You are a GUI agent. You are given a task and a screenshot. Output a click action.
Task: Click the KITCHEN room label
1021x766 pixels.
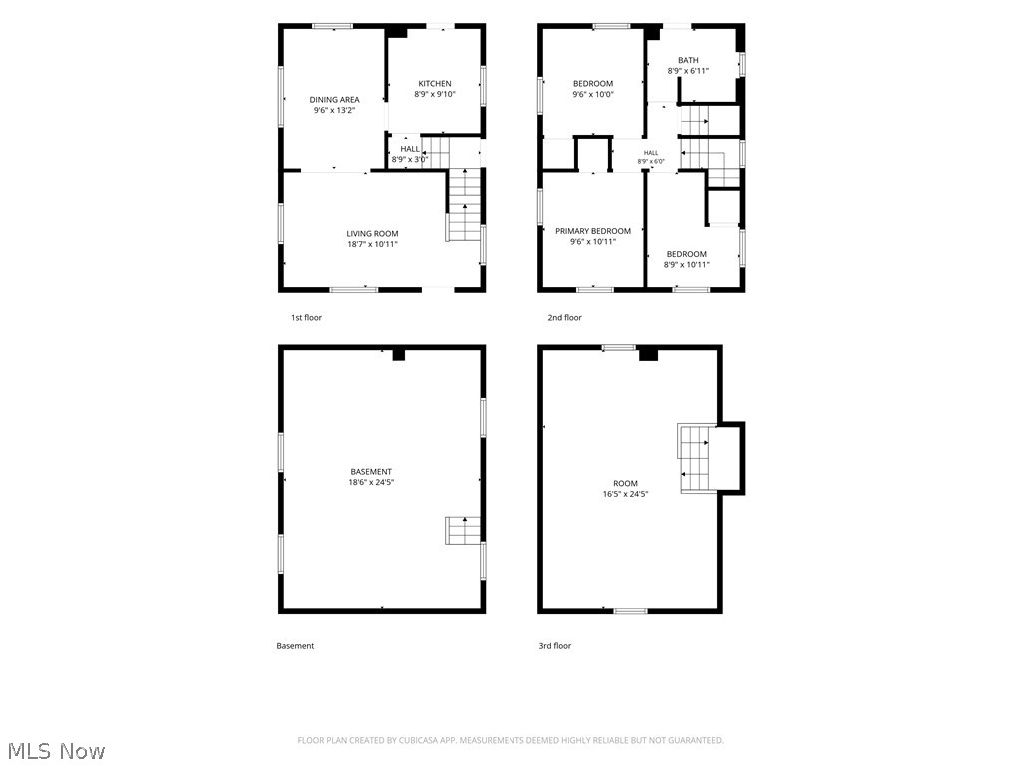click(x=435, y=84)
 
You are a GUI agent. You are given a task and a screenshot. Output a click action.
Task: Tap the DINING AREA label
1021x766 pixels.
click(x=334, y=100)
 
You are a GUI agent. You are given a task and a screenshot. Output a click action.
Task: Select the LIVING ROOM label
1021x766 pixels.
click(x=372, y=233)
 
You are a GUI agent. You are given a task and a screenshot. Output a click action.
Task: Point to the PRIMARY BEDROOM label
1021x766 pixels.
click(x=593, y=231)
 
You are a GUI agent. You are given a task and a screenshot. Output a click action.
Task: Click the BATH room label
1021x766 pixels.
click(x=688, y=60)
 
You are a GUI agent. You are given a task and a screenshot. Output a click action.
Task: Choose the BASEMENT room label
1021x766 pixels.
click(x=371, y=472)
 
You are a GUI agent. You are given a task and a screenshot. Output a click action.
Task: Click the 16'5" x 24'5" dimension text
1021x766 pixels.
click(x=625, y=494)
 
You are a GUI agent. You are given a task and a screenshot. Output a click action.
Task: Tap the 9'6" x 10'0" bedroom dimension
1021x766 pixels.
click(x=593, y=94)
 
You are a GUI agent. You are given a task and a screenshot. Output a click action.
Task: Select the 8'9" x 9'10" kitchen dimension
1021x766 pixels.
click(x=435, y=94)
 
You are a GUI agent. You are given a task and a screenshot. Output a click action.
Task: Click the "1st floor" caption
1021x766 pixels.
click(x=306, y=318)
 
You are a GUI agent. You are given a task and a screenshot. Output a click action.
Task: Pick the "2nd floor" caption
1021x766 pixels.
click(x=564, y=318)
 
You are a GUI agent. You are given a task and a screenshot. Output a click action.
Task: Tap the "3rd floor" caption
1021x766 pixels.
click(x=554, y=646)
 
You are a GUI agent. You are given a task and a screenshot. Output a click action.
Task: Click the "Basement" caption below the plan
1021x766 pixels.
click(x=295, y=646)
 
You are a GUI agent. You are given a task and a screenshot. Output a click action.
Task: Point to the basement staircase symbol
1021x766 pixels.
click(x=463, y=531)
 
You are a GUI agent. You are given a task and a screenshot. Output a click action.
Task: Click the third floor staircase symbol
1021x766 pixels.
click(x=696, y=458)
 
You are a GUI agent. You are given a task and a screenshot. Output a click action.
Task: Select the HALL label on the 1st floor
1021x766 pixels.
click(x=410, y=149)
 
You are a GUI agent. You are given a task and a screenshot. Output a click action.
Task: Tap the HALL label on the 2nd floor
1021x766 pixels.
click(x=651, y=153)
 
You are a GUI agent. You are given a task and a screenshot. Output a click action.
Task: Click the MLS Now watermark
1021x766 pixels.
click(x=57, y=751)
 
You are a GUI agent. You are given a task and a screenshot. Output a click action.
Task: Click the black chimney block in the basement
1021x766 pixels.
click(x=399, y=355)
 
